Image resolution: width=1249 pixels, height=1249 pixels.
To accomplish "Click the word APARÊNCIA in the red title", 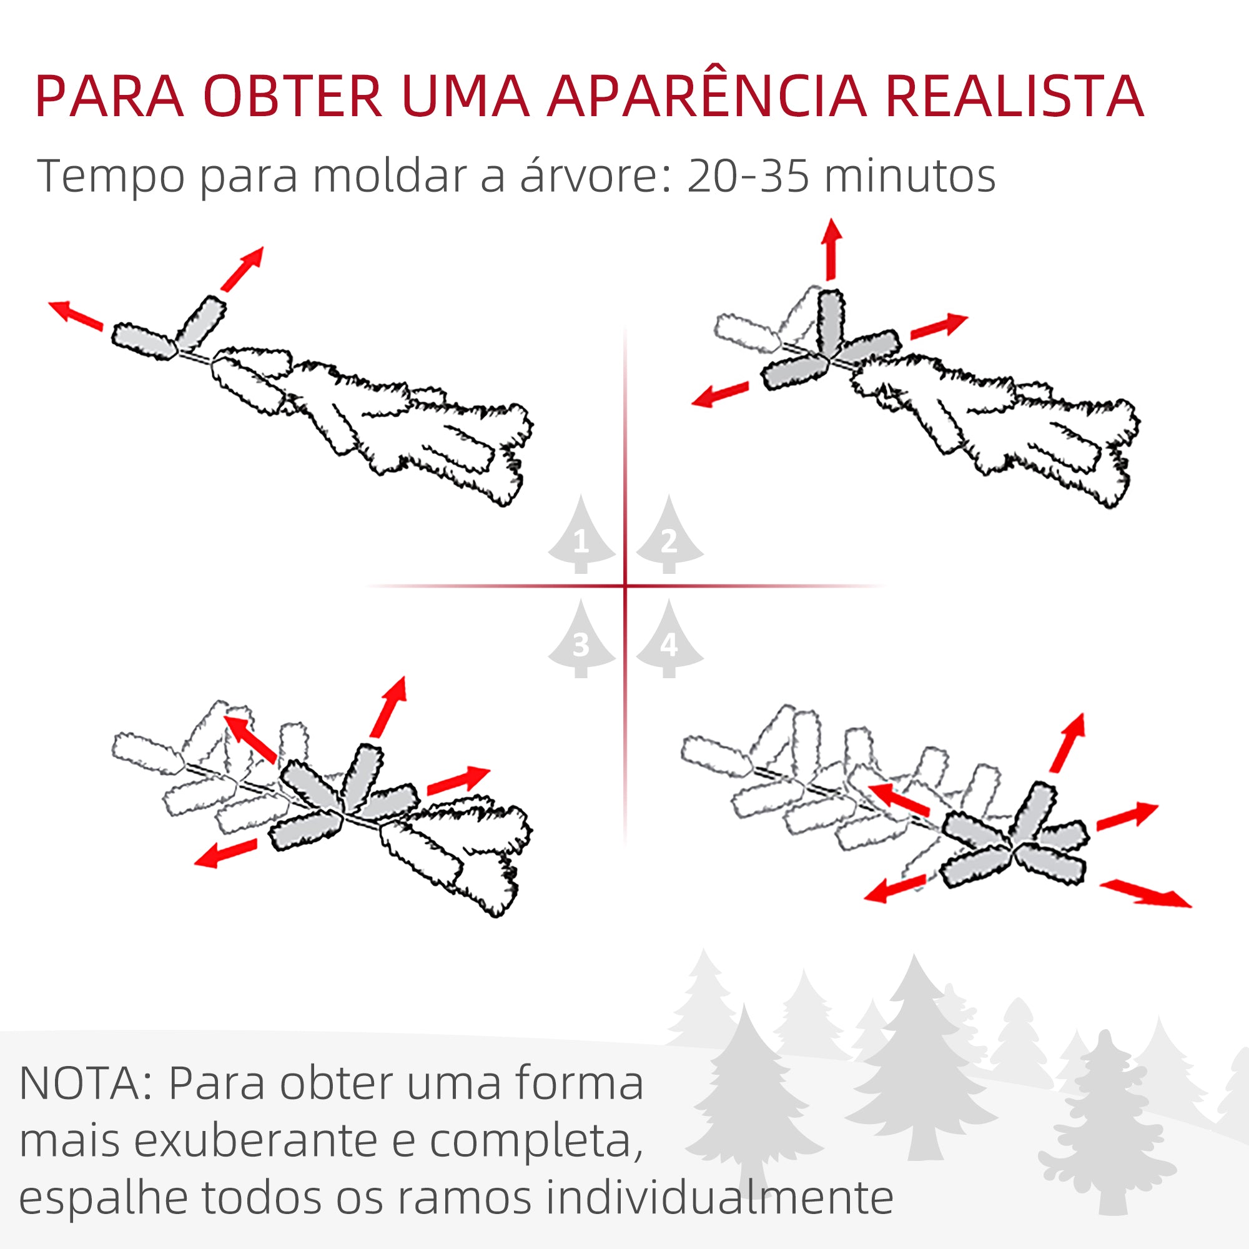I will point(706,97).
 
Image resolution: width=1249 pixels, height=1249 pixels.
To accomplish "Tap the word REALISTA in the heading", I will point(1014,97).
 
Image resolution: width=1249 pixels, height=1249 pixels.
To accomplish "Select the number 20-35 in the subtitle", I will point(748,176).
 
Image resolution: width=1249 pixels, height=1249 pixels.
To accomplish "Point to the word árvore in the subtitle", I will point(589,176).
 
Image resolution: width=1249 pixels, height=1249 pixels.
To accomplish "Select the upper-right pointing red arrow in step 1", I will point(242,269).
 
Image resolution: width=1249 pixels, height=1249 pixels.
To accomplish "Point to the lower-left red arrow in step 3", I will point(225,854).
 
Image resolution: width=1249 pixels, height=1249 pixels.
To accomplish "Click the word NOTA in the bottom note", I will point(80,1083).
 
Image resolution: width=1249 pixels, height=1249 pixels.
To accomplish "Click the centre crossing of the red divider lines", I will point(625,586).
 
